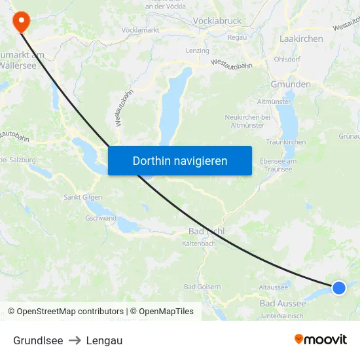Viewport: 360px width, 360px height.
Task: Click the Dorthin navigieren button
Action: tap(180, 160)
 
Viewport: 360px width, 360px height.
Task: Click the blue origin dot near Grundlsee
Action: tap(338, 287)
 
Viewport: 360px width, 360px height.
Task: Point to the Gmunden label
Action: tap(291, 84)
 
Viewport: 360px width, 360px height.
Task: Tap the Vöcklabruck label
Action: tap(217, 21)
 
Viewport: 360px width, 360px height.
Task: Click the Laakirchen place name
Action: tap(301, 39)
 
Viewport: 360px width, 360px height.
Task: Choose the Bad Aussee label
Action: tap(282, 304)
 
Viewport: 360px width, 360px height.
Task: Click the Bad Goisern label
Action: tap(202, 287)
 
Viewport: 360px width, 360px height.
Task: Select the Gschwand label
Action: tap(101, 218)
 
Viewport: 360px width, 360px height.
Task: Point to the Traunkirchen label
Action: tap(285, 142)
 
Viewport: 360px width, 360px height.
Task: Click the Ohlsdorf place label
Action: tap(287, 59)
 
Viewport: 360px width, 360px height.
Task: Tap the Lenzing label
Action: tap(197, 50)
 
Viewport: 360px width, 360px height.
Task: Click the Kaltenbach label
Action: tap(199, 244)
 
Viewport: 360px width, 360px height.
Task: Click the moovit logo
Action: tap(321, 340)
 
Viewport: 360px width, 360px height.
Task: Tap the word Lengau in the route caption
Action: tap(104, 340)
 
